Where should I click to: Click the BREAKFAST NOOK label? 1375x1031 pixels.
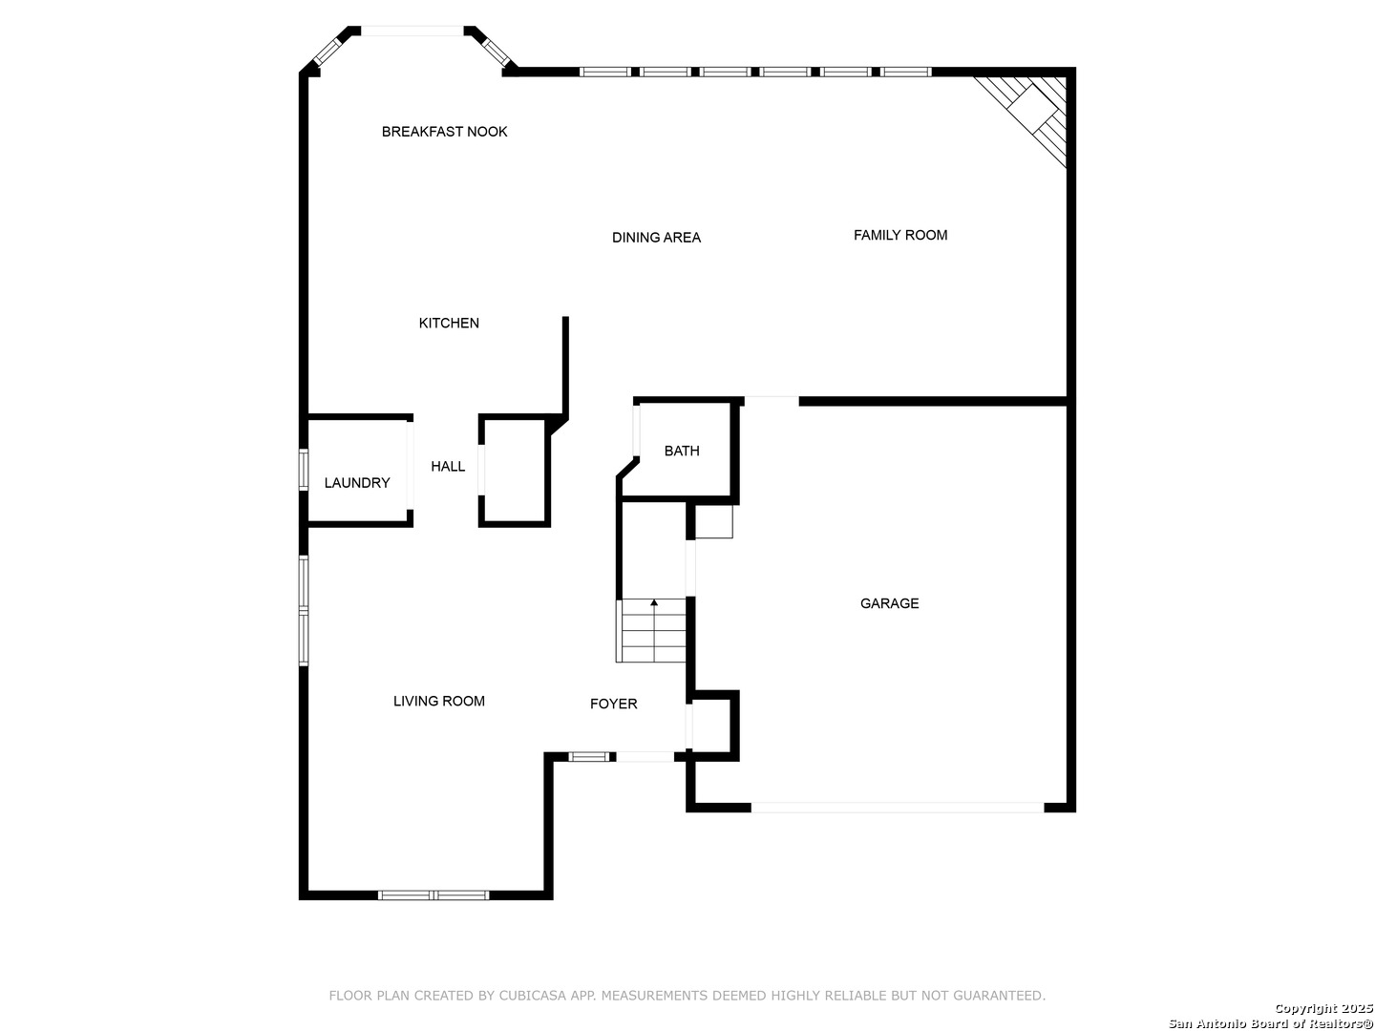[444, 132]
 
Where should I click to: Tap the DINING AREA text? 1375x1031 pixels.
[656, 238]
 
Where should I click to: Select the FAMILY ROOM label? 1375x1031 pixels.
[900, 235]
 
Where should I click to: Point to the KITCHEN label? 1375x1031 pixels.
[449, 323]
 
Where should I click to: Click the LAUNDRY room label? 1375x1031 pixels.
[357, 483]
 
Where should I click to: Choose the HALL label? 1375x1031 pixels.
[448, 467]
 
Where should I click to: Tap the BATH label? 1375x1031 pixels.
[682, 451]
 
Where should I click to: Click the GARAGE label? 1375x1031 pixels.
[890, 603]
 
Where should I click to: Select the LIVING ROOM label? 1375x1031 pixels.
[438, 701]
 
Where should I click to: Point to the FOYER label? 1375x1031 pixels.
[613, 704]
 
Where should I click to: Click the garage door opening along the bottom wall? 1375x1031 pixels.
[897, 808]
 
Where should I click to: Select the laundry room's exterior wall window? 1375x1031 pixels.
[304, 470]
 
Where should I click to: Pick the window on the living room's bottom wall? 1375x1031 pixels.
[434, 895]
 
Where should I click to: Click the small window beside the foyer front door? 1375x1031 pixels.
[589, 757]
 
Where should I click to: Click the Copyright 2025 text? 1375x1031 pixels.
[1323, 1008]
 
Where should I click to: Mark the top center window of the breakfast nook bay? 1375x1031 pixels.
[412, 31]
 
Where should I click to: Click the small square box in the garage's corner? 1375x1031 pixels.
[714, 521]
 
